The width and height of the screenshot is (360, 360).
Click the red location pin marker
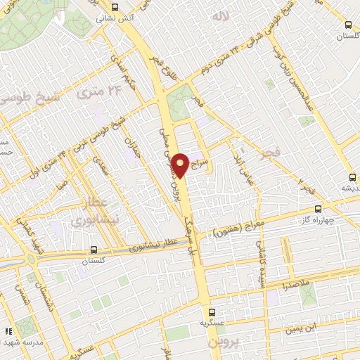181,165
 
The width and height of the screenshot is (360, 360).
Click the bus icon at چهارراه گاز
318,208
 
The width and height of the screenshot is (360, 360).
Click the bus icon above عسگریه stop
211,311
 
